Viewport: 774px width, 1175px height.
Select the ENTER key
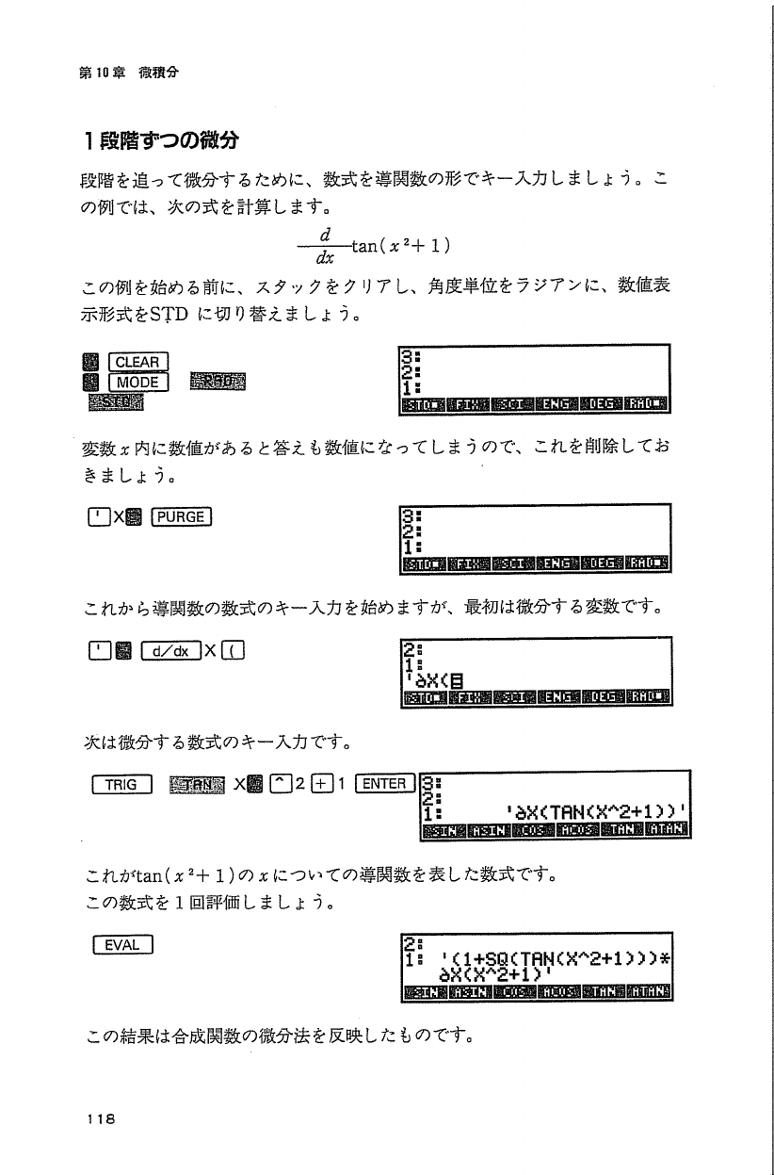[383, 784]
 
